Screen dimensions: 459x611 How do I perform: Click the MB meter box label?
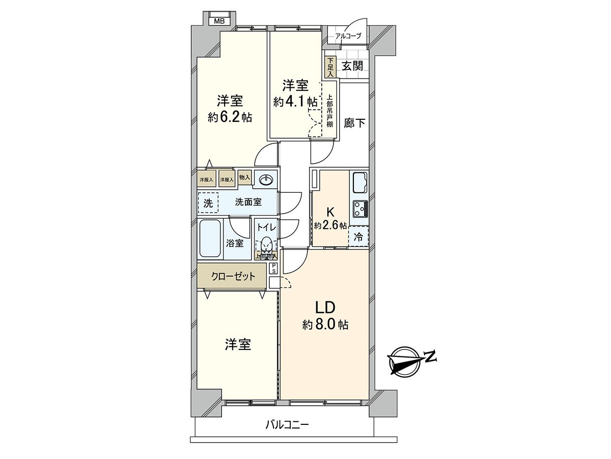[x=219, y=21]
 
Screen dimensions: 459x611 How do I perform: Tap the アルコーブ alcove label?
[x=348, y=36]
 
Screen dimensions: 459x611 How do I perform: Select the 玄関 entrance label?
[x=352, y=66]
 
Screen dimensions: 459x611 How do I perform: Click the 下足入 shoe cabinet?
[x=330, y=67]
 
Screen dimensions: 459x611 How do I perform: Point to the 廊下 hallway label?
[x=354, y=122]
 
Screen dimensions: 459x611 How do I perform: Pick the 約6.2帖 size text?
[x=230, y=117]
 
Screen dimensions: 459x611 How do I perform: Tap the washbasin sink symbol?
[x=266, y=179]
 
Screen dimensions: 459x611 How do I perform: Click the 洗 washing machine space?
[x=208, y=202]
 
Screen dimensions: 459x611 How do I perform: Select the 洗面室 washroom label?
[x=248, y=202]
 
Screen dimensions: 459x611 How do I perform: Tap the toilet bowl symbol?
[x=266, y=246]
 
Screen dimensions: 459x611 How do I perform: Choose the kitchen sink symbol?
[x=359, y=182]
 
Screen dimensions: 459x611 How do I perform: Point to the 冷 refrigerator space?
[x=358, y=237]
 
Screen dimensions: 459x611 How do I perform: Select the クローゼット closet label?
[x=233, y=276]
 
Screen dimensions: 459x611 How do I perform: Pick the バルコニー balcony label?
[x=287, y=424]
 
